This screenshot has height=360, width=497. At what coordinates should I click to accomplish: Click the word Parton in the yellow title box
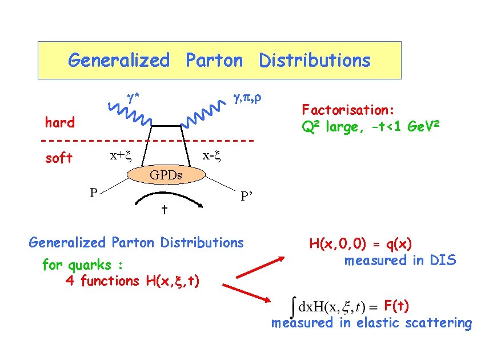point(214,60)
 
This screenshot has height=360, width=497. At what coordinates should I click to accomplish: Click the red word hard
point(60,122)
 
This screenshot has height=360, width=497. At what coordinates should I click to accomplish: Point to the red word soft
point(59,158)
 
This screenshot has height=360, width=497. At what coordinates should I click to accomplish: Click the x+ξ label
point(121,155)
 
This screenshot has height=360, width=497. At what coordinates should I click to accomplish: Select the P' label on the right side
point(247,197)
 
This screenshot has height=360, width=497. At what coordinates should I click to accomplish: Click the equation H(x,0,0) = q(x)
point(360,244)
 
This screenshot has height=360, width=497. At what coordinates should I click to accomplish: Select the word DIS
point(443,261)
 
